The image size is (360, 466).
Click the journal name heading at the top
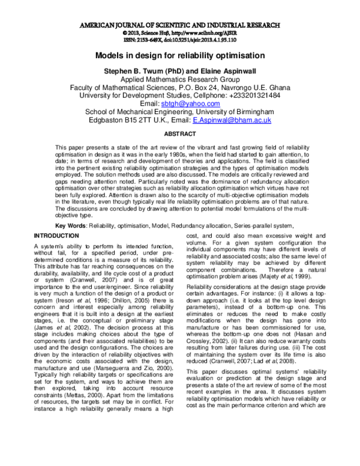coord(179,26)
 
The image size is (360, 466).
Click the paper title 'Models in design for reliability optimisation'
coord(179,56)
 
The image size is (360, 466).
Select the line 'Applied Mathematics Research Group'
coord(179,79)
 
